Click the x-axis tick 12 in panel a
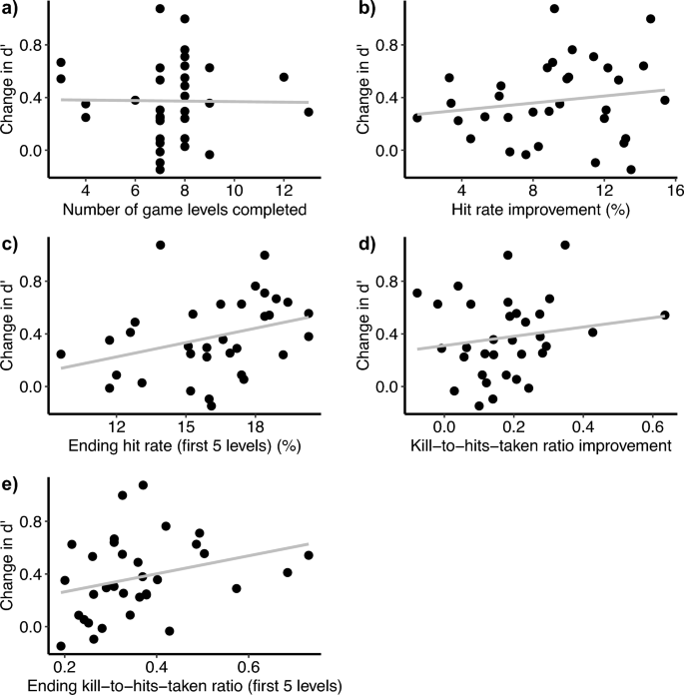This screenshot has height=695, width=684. (284, 187)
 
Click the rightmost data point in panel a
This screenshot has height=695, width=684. (309, 112)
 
